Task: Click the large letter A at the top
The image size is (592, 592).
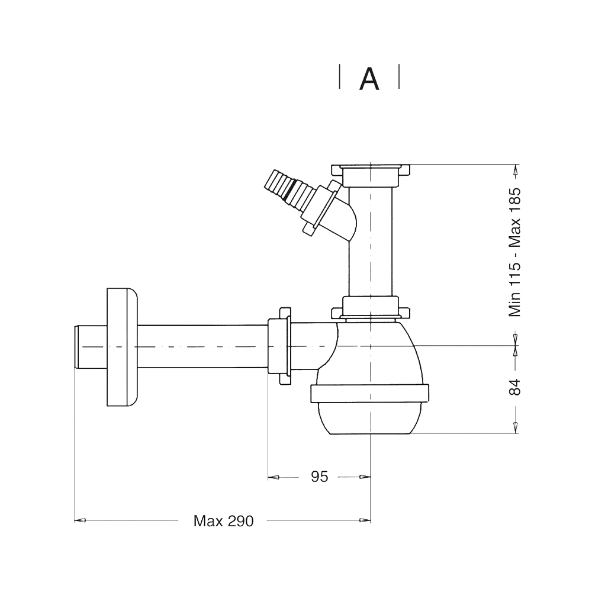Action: pyautogui.click(x=369, y=79)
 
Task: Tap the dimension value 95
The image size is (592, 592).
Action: pyautogui.click(x=320, y=477)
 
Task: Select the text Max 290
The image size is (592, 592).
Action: pyautogui.click(x=224, y=521)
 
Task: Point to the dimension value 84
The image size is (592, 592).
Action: pyautogui.click(x=514, y=387)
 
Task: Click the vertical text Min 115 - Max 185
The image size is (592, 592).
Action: pyautogui.click(x=514, y=252)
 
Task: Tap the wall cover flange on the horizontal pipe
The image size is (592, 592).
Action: pyautogui.click(x=122, y=347)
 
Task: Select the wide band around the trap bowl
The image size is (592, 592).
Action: pyautogui.click(x=369, y=394)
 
